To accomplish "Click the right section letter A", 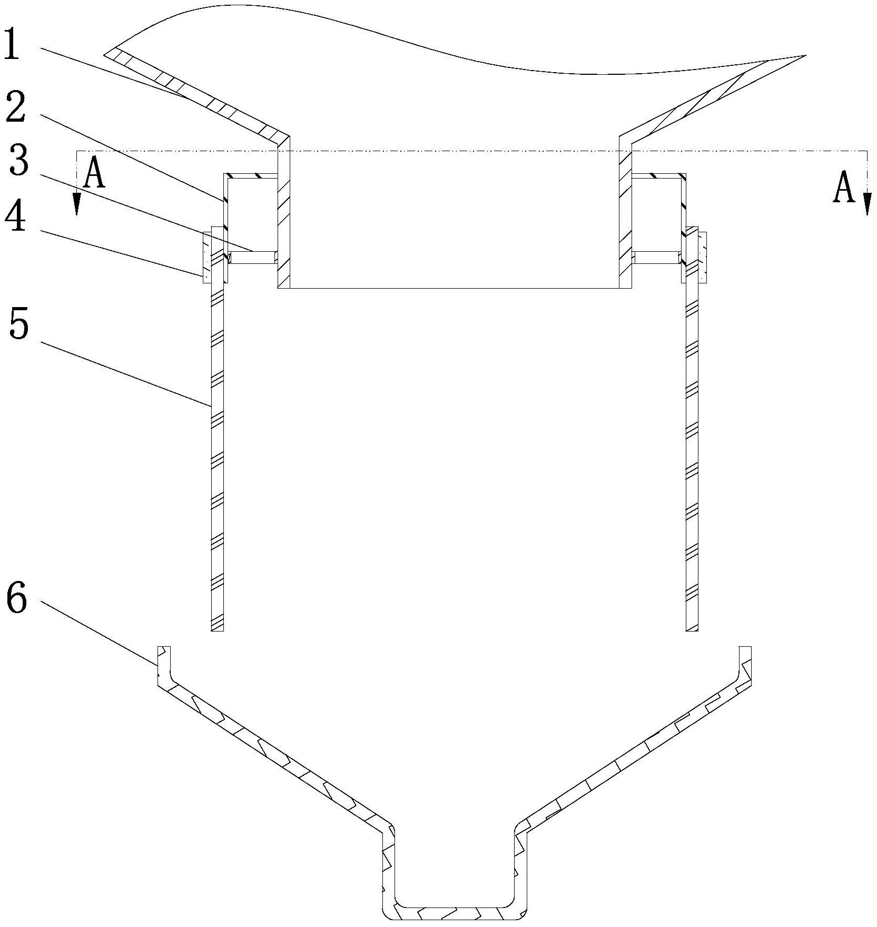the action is click(x=843, y=189).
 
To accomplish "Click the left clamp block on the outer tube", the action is click(x=206, y=255).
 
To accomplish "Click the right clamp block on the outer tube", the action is click(x=702, y=257).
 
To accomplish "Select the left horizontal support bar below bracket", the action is click(x=253, y=258).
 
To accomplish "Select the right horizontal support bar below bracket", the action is click(x=656, y=258).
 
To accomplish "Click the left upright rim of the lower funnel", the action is click(x=164, y=664).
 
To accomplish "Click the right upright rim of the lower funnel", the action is click(x=744, y=664).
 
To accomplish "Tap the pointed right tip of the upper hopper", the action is click(x=804, y=56).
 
